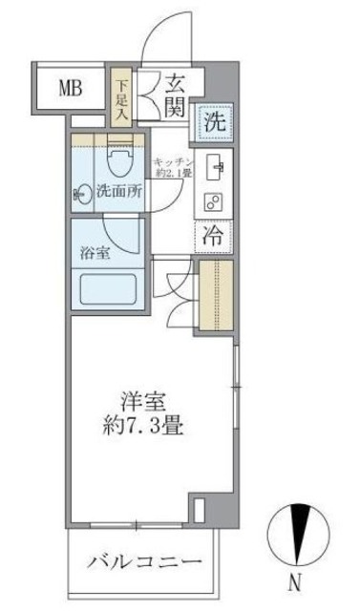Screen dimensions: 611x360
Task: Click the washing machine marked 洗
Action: (x=215, y=121)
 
